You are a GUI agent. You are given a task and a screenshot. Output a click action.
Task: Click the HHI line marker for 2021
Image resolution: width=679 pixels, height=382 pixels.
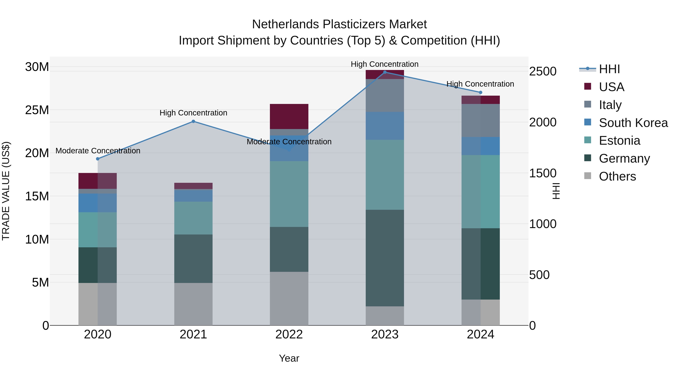(193, 121)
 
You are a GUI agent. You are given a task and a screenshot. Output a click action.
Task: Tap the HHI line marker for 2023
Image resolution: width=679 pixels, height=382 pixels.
(385, 72)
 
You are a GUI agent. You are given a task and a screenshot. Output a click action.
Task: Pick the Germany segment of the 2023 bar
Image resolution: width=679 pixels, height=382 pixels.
(385, 258)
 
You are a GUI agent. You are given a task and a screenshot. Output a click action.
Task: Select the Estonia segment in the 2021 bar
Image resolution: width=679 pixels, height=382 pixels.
(193, 218)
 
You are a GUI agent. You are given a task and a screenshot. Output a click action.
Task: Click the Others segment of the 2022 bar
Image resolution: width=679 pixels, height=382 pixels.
(289, 298)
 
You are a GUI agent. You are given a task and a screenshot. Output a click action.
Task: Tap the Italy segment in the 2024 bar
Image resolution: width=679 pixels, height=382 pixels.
(480, 121)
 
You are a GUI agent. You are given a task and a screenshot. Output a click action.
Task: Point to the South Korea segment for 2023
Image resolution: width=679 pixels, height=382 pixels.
(385, 126)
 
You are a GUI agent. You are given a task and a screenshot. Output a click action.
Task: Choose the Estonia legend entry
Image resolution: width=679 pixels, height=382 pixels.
(619, 141)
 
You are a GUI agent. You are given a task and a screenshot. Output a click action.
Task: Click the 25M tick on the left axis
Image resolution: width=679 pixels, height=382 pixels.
(37, 110)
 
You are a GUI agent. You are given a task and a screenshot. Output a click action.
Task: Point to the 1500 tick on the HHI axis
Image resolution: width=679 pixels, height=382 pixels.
(543, 173)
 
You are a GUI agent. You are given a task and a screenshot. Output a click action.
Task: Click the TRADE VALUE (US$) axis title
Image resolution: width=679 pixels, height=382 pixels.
(6, 191)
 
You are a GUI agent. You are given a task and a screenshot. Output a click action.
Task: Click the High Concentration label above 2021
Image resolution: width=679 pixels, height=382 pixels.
(193, 113)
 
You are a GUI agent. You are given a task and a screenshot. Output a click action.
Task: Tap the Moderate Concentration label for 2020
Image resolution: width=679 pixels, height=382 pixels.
(98, 151)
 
